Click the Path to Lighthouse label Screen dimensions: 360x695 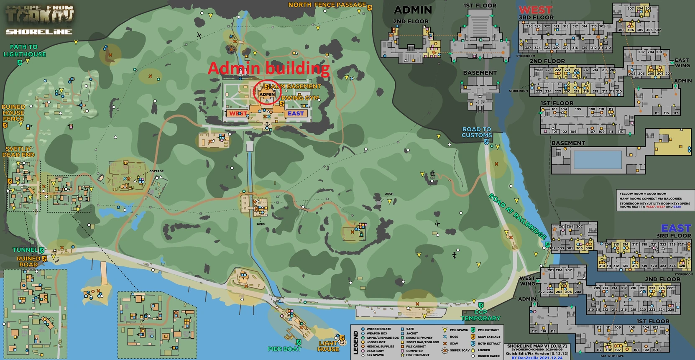click(24, 51)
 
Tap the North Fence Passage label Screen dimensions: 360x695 click(327, 5)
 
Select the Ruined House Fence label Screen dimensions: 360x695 click(13, 113)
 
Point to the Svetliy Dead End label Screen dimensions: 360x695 click(18, 152)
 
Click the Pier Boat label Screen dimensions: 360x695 click(284, 349)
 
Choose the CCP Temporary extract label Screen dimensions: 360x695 click(480, 315)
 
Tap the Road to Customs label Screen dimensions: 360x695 click(476, 132)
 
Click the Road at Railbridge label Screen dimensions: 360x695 click(517, 216)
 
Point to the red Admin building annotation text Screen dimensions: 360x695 click(268, 68)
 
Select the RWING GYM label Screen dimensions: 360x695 click(300, 98)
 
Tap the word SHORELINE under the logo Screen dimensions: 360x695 click(39, 32)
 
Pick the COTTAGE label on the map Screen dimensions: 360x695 click(156, 171)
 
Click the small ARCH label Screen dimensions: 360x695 click(389, 194)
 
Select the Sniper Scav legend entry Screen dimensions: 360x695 click(459, 350)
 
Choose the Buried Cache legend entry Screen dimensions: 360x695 click(488, 356)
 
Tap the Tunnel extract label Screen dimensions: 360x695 click(25, 250)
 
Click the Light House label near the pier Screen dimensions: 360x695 click(328, 346)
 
